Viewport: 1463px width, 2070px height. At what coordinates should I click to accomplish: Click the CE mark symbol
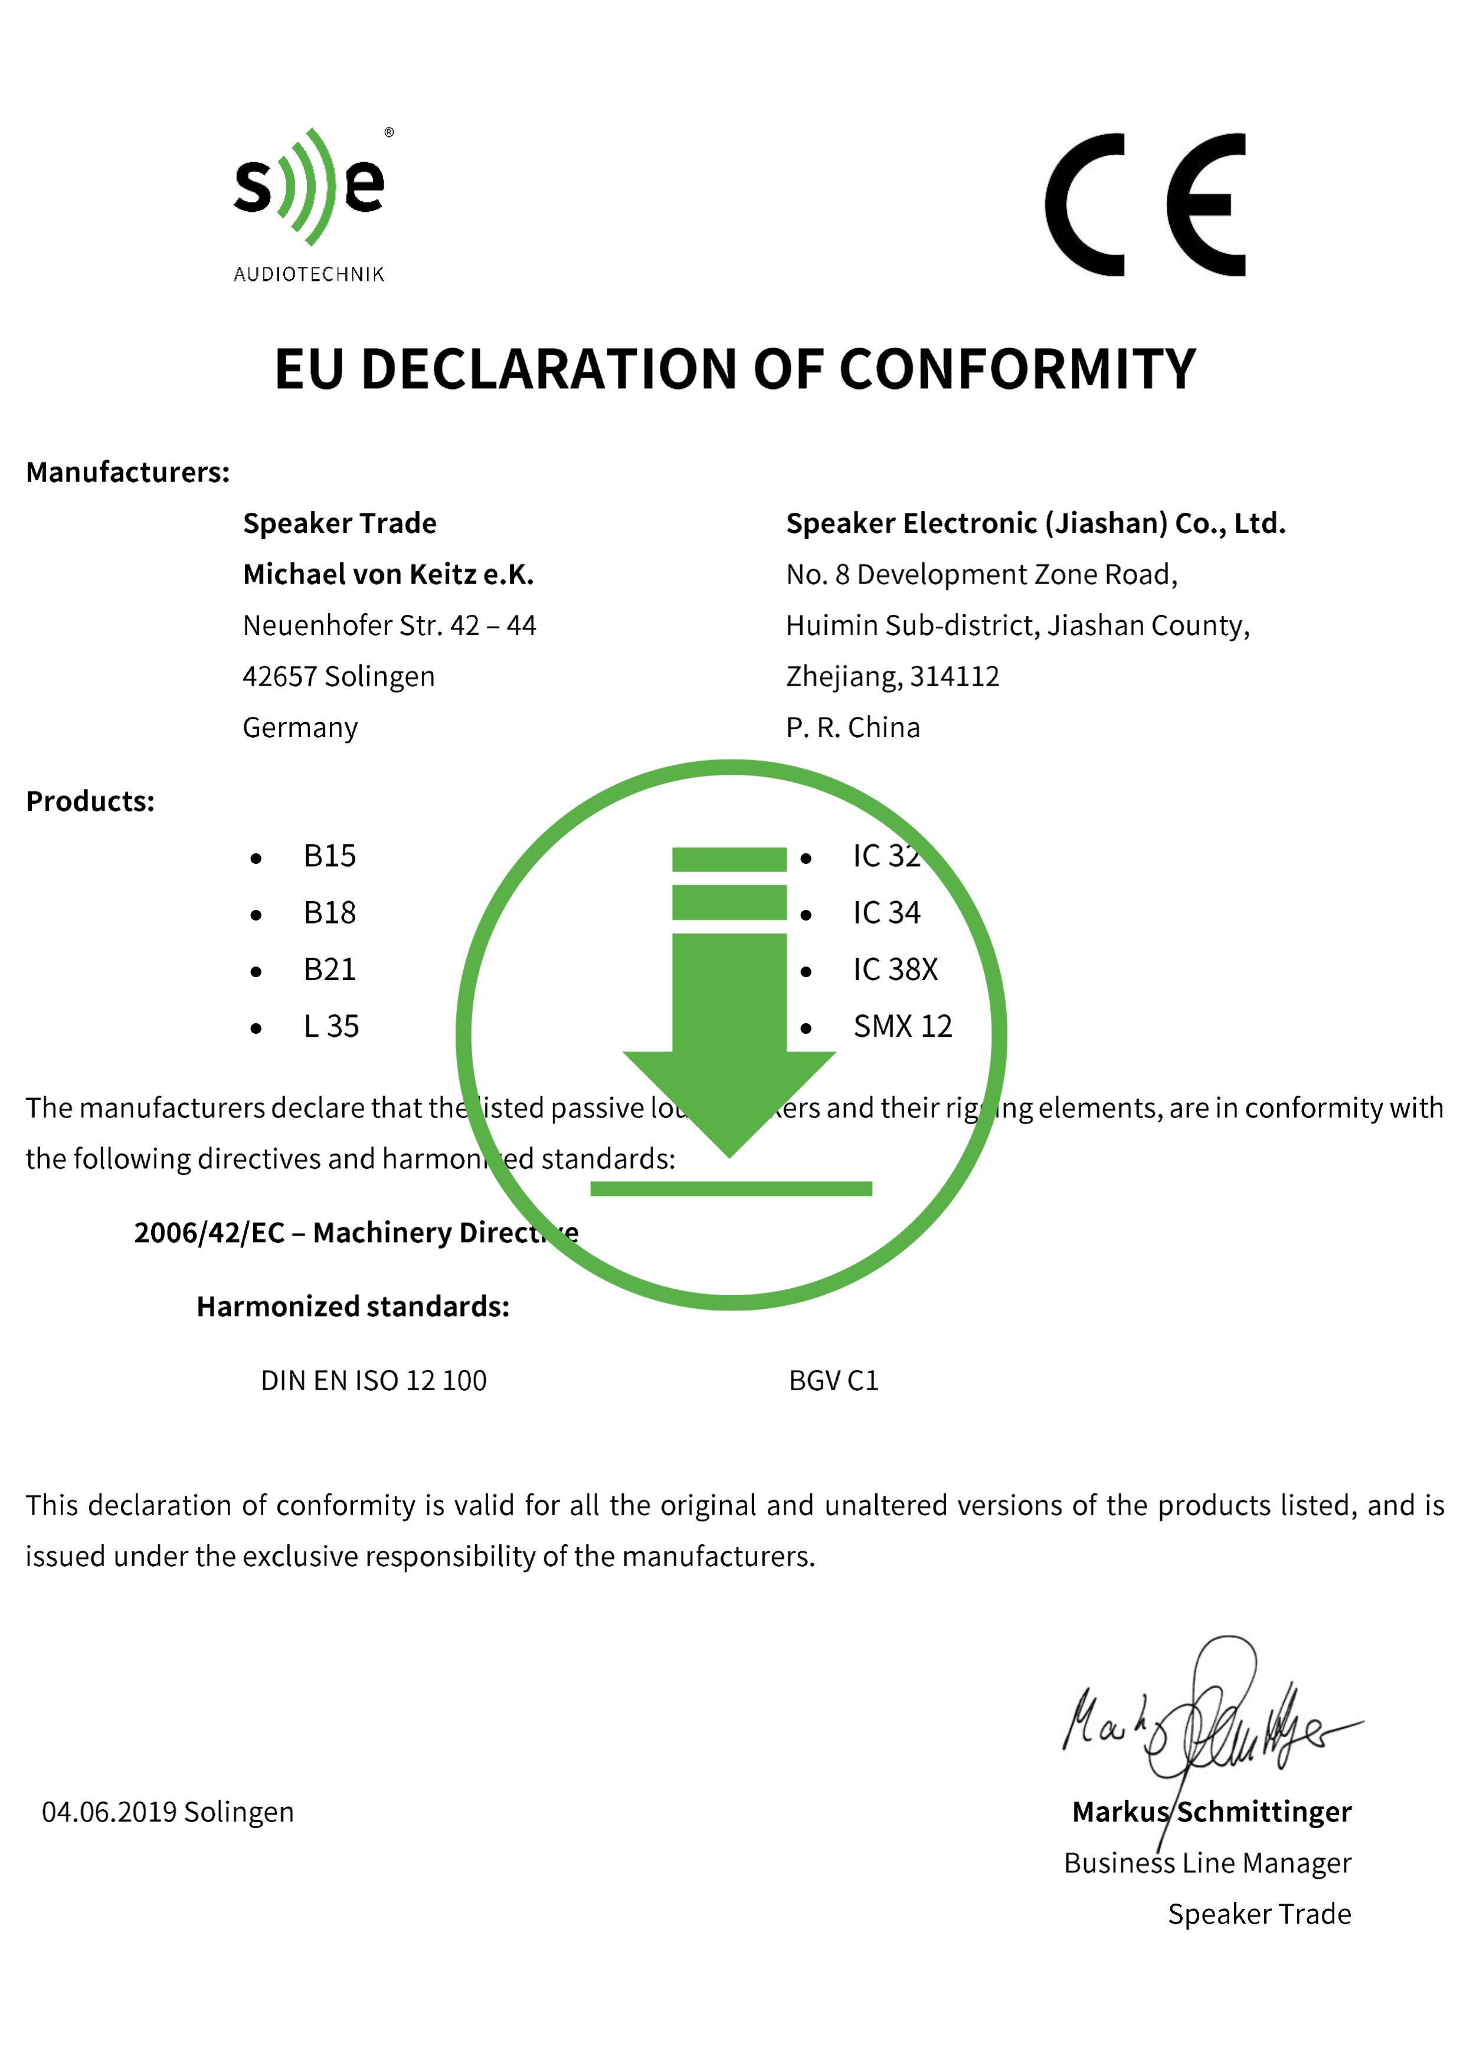point(1145,205)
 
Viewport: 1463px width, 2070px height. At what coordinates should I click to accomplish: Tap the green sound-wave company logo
point(309,188)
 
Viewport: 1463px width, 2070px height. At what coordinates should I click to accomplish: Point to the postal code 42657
point(279,676)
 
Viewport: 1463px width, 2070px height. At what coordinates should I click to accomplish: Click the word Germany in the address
point(300,728)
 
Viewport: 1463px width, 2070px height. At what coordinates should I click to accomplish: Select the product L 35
point(331,1027)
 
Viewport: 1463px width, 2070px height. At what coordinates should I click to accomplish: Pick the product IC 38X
point(895,970)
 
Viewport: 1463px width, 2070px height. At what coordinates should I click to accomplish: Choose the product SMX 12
point(902,1027)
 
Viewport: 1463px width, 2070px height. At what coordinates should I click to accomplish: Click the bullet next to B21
point(256,972)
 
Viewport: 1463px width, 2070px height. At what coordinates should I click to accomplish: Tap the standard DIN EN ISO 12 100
point(373,1380)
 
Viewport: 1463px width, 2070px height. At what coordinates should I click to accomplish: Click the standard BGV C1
point(833,1380)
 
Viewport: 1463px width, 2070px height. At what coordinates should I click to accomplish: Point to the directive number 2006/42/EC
point(209,1233)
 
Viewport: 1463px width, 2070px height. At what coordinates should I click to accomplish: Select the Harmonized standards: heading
point(352,1306)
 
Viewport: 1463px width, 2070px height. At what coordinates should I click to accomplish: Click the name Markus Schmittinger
point(1212,1812)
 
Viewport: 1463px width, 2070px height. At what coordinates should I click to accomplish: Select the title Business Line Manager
point(1207,1863)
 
